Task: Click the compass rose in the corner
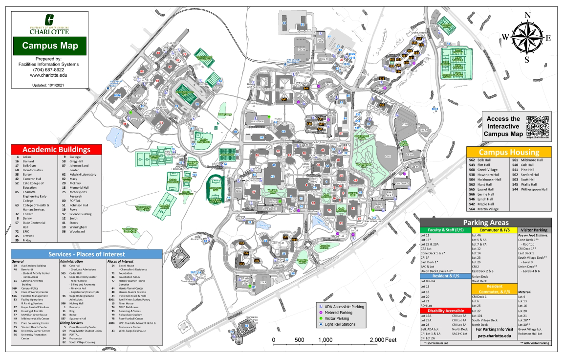pyautogui.click(x=525, y=37)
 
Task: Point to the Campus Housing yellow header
pyautogui.click(x=508, y=152)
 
